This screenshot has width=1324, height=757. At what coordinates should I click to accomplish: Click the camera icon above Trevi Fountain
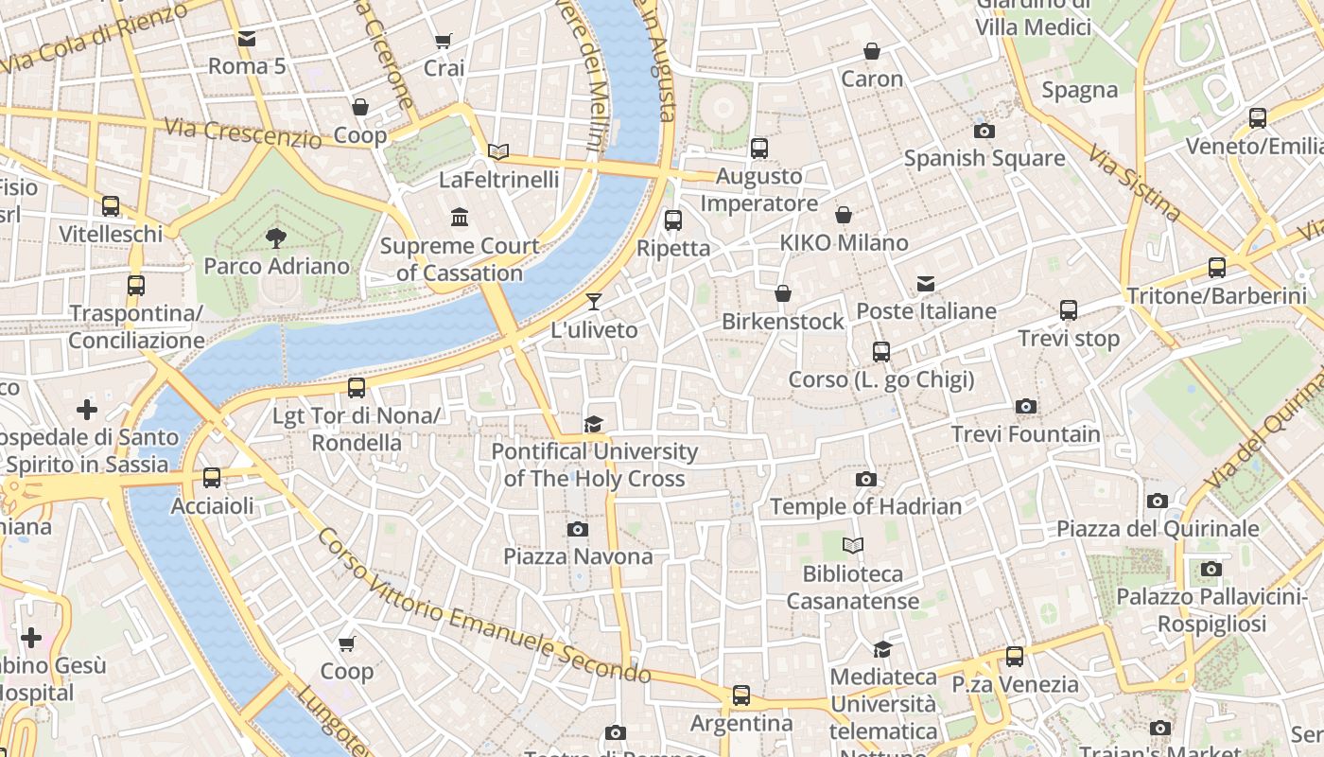[1026, 407]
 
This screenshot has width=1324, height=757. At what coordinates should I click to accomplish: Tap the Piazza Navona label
[578, 556]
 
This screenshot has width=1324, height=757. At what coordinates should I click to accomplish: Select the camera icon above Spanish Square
[984, 131]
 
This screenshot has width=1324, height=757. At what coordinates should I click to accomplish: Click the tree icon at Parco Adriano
[276, 238]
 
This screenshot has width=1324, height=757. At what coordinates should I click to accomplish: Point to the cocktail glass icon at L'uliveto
[594, 302]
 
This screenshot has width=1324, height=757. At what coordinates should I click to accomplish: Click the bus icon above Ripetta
[673, 220]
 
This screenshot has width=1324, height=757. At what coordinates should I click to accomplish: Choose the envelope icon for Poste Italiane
[926, 284]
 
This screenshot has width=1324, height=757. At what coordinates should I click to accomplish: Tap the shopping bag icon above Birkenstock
[783, 293]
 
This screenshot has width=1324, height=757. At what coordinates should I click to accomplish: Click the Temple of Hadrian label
[865, 506]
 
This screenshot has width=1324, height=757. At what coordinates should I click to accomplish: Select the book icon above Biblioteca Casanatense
[853, 546]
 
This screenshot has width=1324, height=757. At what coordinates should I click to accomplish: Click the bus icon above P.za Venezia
[1015, 656]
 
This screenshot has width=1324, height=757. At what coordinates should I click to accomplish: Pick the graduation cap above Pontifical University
[593, 424]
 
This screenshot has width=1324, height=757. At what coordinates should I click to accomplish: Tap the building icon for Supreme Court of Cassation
[460, 218]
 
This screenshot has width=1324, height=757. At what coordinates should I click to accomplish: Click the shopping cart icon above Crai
[444, 41]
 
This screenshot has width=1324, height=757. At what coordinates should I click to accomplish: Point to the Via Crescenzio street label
[243, 132]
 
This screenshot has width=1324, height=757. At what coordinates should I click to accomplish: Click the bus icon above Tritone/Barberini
[1217, 268]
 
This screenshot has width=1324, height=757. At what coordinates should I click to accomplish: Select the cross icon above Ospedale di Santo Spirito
[87, 410]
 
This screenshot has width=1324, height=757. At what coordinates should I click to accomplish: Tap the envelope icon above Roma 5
[247, 39]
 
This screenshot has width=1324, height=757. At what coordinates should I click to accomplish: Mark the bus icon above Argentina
[741, 695]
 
